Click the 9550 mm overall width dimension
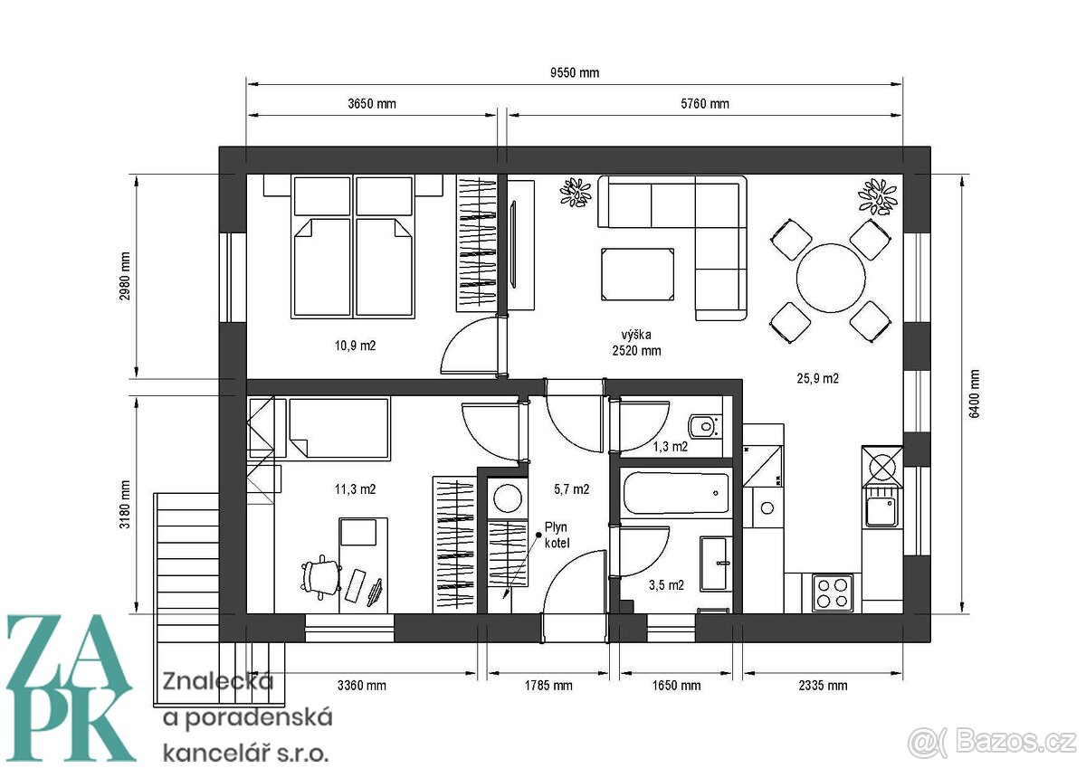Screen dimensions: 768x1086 (575, 72)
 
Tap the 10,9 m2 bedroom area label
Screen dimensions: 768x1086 (355, 346)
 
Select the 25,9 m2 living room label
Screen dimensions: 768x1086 (817, 379)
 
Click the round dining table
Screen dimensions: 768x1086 (831, 280)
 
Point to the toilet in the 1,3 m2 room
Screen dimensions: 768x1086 (703, 425)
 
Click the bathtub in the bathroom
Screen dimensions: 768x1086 (675, 494)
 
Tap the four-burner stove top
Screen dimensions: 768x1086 (833, 593)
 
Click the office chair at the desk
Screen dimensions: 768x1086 (318, 577)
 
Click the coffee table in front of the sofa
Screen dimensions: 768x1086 (637, 274)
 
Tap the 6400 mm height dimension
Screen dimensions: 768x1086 (974, 394)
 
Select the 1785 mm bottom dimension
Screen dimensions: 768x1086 (549, 686)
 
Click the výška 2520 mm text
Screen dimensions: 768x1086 (636, 342)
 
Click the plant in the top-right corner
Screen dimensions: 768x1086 (875, 194)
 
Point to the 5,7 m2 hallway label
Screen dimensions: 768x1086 (571, 489)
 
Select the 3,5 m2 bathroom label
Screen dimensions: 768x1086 (666, 584)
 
